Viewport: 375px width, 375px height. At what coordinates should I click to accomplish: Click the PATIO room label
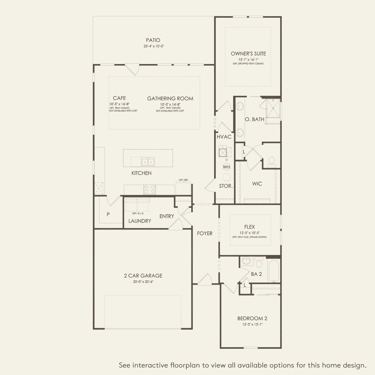[153, 40]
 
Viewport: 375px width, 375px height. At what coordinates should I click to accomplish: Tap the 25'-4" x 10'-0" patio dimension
[153, 46]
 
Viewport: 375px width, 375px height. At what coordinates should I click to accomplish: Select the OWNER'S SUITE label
[248, 54]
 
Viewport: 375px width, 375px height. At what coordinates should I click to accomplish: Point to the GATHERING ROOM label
[170, 99]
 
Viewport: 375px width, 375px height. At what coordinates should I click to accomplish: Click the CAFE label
[119, 98]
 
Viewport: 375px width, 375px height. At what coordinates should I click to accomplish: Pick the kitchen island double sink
[148, 162]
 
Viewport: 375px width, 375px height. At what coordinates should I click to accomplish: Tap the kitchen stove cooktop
[149, 189]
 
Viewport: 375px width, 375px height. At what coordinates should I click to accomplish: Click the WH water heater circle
[227, 167]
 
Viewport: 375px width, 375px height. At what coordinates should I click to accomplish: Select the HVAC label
[224, 137]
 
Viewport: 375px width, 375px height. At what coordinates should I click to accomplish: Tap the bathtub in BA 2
[273, 270]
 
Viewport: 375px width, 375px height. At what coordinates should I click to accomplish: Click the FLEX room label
[249, 227]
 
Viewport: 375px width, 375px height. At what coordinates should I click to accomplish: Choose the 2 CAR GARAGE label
[143, 276]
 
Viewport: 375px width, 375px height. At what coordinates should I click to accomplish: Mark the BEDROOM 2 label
[252, 318]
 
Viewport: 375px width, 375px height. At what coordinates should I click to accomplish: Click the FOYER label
[205, 233]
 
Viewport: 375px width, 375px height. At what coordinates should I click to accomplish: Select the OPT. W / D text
[138, 214]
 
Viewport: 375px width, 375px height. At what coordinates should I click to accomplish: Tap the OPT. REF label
[184, 180]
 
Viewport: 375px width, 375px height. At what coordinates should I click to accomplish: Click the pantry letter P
[108, 214]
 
